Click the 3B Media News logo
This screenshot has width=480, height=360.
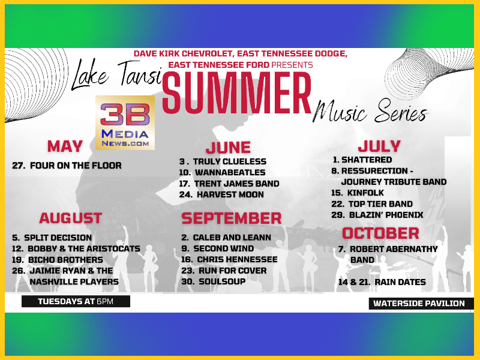coord(125,122)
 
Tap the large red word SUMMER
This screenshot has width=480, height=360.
coord(236,93)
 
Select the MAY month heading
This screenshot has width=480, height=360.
coord(65,146)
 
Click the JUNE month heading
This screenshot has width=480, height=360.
coord(228,148)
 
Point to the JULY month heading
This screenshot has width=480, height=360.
coord(379,146)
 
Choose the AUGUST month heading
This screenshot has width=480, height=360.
coord(70,218)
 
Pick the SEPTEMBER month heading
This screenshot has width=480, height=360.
coord(232,218)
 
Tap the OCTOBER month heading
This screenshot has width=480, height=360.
coord(380,233)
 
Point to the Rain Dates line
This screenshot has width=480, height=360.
coord(382,282)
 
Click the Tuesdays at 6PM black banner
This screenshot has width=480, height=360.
coord(76,301)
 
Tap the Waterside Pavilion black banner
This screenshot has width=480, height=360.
coord(421,304)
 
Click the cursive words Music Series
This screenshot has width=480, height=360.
coord(370,111)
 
